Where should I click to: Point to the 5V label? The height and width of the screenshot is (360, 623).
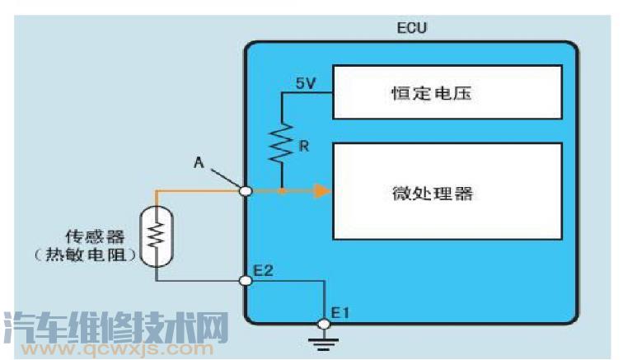coord(306,82)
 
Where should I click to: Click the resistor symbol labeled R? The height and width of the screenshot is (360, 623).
coord(282,145)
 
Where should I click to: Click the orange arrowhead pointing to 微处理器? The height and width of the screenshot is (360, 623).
coord(322,191)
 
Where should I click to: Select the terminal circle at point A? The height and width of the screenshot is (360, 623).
coord(245,191)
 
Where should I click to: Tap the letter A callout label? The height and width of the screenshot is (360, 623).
coord(199,161)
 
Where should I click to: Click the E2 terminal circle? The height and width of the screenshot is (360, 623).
coord(245,281)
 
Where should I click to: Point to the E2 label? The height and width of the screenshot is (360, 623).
coord(264,270)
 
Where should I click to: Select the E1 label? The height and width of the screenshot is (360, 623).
coord(340,313)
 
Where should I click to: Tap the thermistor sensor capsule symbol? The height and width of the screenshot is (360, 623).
coord(155,236)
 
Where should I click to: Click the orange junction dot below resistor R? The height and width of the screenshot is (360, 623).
coord(282,191)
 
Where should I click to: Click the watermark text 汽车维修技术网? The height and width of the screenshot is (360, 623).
coord(115,327)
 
